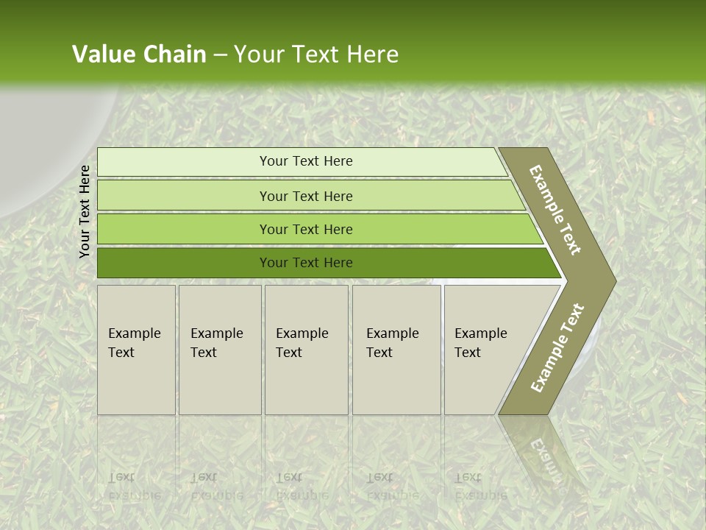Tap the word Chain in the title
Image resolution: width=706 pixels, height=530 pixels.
point(174,54)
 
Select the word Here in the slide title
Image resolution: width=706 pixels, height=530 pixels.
point(372,54)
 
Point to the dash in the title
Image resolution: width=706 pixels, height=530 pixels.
point(220,55)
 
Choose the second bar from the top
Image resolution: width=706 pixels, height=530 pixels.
point(305,196)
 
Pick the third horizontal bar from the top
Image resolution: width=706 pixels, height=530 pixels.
point(305,229)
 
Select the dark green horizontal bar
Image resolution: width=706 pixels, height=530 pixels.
point(305,263)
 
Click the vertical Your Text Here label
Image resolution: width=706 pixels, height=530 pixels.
point(85,211)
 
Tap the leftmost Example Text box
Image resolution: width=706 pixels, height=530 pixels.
point(136,349)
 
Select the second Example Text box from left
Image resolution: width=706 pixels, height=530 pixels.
point(219,349)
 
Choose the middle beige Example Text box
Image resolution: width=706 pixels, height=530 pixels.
point(306,349)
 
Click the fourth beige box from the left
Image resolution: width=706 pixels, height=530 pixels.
point(396,349)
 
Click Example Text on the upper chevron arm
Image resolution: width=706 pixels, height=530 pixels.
point(555,210)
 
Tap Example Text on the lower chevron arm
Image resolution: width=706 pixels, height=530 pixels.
point(557,348)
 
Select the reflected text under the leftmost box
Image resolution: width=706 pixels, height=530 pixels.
point(135,486)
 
